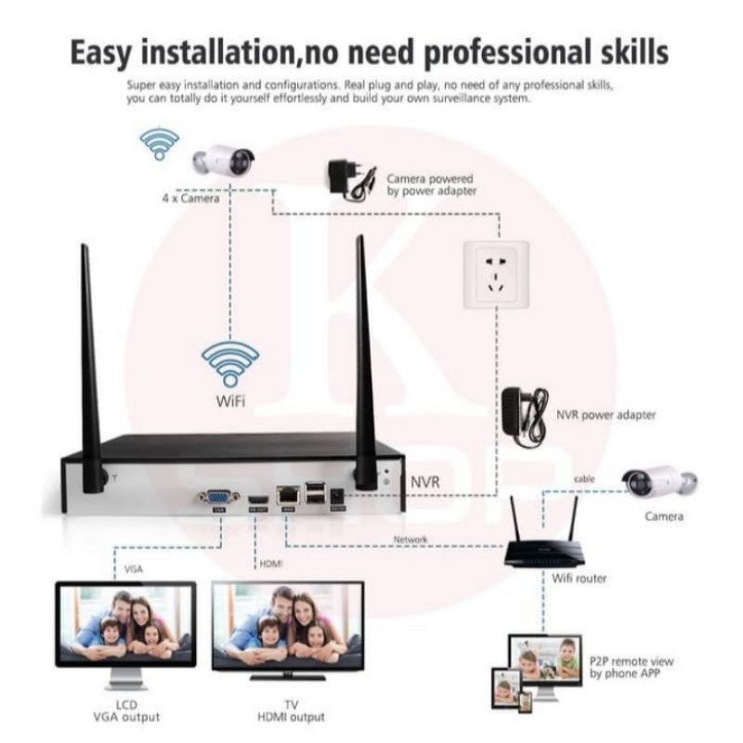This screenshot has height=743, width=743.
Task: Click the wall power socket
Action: click(x=494, y=273)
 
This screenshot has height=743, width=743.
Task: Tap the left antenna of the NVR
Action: click(x=90, y=371)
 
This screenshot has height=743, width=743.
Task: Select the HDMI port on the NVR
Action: click(x=257, y=500)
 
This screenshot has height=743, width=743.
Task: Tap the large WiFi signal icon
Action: click(x=230, y=362)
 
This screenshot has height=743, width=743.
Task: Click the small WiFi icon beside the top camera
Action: click(x=159, y=143)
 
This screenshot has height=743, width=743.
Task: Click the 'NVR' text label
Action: click(x=425, y=482)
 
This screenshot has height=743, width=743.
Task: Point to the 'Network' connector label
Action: click(x=411, y=540)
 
